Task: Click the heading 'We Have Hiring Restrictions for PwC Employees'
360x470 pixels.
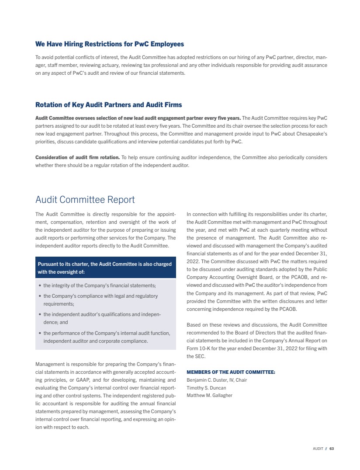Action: point(109,44)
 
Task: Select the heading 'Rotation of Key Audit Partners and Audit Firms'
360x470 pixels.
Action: point(108,105)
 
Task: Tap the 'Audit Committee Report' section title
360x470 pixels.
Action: point(85,200)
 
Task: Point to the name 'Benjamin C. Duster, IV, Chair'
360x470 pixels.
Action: point(217,380)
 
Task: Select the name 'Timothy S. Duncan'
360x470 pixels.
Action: point(206,388)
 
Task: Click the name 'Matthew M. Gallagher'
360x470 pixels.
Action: point(209,396)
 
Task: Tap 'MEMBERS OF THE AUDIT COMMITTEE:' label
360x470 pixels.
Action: point(231,372)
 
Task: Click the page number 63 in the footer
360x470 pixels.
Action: point(332,449)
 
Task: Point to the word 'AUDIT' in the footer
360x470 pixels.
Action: point(318,449)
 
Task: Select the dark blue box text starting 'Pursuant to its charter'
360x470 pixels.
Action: point(105,268)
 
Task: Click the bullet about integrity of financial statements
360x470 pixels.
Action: point(100,285)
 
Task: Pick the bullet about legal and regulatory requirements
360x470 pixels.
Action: point(100,299)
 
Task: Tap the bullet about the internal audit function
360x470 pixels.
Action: point(107,337)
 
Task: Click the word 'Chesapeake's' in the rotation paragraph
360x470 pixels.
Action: point(312,134)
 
